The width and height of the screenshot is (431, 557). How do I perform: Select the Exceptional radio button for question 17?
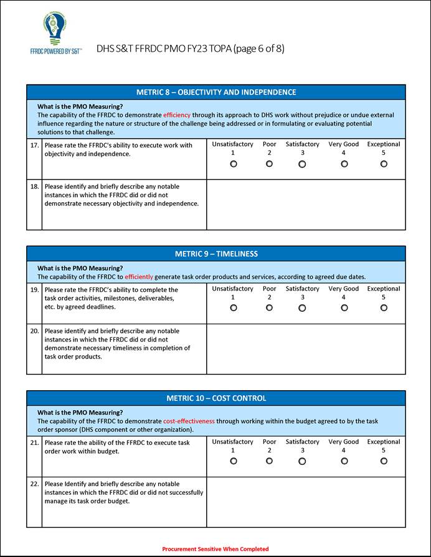[x=384, y=164]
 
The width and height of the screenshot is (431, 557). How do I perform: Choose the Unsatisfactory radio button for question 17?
[x=233, y=164]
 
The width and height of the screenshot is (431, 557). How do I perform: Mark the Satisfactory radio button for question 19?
[x=302, y=308]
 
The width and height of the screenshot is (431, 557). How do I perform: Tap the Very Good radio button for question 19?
[x=344, y=308]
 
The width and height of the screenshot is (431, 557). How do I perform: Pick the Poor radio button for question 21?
[x=269, y=461]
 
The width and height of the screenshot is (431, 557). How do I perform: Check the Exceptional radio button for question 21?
[x=384, y=461]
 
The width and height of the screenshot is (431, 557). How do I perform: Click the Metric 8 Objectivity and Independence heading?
[x=216, y=92]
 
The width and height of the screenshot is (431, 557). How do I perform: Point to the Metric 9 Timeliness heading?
[x=216, y=254]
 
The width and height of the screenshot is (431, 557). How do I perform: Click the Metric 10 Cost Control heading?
[x=216, y=398]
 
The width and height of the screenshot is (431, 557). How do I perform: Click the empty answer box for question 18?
[x=305, y=205]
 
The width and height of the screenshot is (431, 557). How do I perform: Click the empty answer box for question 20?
[x=305, y=349]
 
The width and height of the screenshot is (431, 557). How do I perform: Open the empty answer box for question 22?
[x=305, y=502]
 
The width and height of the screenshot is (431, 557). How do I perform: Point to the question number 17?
[x=34, y=146]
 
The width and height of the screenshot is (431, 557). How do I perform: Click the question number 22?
[x=34, y=484]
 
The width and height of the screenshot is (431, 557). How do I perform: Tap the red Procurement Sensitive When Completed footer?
[x=215, y=549]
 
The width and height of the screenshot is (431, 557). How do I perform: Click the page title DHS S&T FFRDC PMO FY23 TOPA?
[x=191, y=49]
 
